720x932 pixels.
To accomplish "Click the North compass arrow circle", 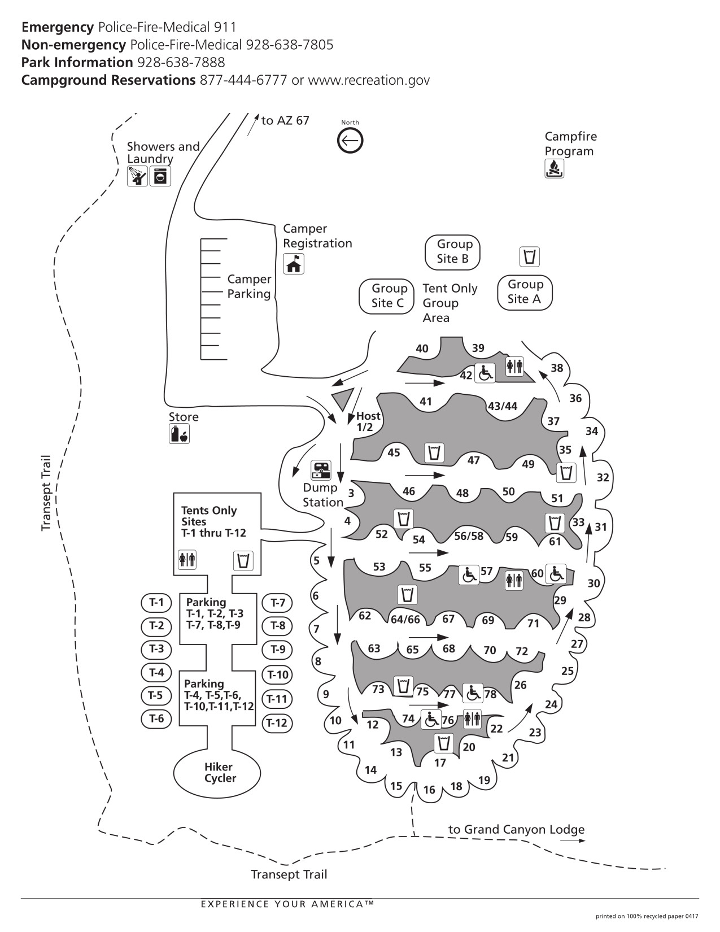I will [x=350, y=141].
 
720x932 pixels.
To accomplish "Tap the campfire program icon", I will [x=554, y=168].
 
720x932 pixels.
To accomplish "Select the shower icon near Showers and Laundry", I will [x=137, y=176].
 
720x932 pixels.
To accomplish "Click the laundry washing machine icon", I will [x=160, y=176].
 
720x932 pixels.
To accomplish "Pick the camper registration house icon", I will [x=294, y=264].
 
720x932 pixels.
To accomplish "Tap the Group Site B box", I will [x=453, y=252].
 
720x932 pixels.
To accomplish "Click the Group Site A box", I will [x=525, y=292].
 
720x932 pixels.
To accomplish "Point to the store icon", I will [x=179, y=434].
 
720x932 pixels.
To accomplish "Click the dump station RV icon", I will [x=322, y=469].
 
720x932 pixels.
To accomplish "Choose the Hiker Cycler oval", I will [x=217, y=772].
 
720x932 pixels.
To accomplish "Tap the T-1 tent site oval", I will [x=156, y=603].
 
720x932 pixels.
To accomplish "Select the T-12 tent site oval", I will [x=277, y=722].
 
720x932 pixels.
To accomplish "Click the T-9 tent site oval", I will [x=278, y=649].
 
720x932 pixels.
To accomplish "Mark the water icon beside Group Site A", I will [x=529, y=256].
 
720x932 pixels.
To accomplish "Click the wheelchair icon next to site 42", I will [x=485, y=373].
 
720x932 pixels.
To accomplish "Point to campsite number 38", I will [x=557, y=368].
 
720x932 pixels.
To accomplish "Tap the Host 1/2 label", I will [x=368, y=421].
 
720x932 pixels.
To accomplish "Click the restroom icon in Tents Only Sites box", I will [x=187, y=560].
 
